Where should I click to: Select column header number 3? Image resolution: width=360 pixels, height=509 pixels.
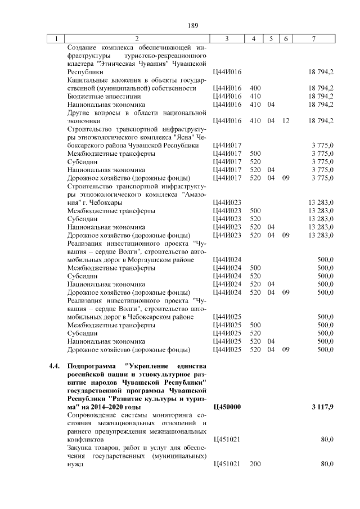[x=226, y=39]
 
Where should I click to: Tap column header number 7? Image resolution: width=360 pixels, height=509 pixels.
[x=313, y=39]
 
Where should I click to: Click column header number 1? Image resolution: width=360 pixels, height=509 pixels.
[x=56, y=39]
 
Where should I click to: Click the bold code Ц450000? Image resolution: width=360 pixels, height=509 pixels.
[x=228, y=406]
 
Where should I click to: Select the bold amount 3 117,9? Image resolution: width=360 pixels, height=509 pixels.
[x=321, y=406]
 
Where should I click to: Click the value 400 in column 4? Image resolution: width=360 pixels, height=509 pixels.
[x=255, y=88]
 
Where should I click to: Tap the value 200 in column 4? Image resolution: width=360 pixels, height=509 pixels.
[x=255, y=465]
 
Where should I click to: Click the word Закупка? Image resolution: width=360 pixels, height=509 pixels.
[x=80, y=447]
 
